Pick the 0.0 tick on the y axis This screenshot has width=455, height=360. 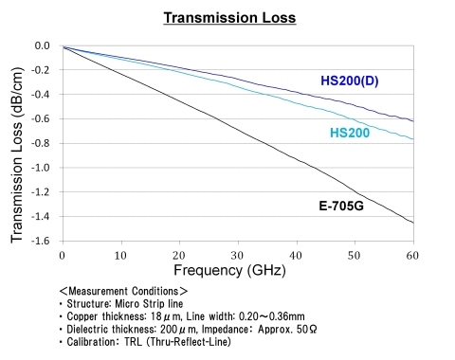[43, 45]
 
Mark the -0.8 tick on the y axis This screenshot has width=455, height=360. [41, 143]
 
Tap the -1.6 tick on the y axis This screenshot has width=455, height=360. [41, 242]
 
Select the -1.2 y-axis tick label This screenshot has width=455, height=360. [41, 192]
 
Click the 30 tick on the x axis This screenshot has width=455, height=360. [237, 255]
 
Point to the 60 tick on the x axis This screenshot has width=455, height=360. [412, 255]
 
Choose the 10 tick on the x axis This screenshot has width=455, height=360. [120, 255]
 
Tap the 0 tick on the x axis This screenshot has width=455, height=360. [62, 255]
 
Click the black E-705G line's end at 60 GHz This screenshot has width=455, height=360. [412, 223]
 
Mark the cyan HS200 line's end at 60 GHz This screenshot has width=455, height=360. [412, 139]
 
